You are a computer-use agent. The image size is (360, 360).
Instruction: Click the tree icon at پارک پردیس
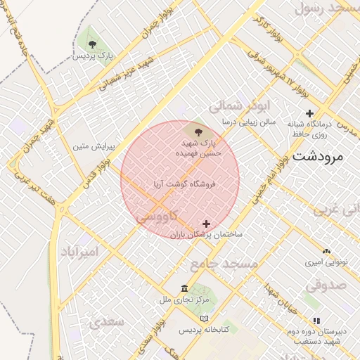[92, 44]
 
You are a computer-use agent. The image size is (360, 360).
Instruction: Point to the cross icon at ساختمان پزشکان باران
[206, 224]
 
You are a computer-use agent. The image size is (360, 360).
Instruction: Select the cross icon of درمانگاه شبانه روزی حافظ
[309, 113]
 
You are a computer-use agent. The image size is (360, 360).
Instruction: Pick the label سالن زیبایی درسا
[247, 122]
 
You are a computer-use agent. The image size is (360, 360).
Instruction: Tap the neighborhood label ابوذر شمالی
[240, 105]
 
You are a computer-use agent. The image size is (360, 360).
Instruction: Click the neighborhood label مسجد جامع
[224, 263]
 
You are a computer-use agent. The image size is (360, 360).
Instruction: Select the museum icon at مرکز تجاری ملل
[184, 289]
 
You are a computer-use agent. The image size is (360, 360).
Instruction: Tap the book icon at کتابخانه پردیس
[205, 319]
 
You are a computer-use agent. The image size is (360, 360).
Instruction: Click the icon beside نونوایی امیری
[326, 251]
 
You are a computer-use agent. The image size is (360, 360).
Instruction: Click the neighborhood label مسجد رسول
[328, 9]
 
